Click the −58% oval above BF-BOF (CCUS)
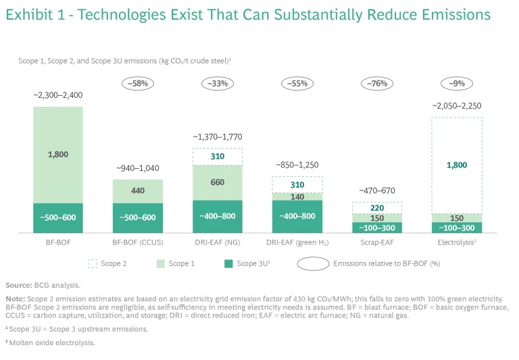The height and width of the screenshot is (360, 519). [x=138, y=84]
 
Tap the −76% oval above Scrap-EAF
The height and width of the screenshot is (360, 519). [x=377, y=84]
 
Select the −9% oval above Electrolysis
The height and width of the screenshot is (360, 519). [x=457, y=84]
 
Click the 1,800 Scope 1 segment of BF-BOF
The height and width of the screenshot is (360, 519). [x=58, y=155]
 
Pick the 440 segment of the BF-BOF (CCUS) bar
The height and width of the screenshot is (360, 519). [x=138, y=190]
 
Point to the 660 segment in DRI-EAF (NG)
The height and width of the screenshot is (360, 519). [x=218, y=182]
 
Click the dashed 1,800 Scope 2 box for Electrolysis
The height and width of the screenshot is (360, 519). [x=457, y=165]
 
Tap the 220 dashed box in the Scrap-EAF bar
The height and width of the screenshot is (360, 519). [x=377, y=207]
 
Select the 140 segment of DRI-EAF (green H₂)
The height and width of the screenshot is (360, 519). [x=297, y=197]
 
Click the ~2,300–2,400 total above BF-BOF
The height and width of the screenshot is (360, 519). [x=58, y=96]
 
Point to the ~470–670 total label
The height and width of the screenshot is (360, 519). [x=377, y=191]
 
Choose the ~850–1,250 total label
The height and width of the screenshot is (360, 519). [x=297, y=165]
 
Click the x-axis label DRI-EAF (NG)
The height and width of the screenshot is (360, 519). [x=218, y=241]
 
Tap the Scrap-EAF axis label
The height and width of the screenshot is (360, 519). [x=377, y=241]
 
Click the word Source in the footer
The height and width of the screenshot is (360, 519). [x=18, y=286]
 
